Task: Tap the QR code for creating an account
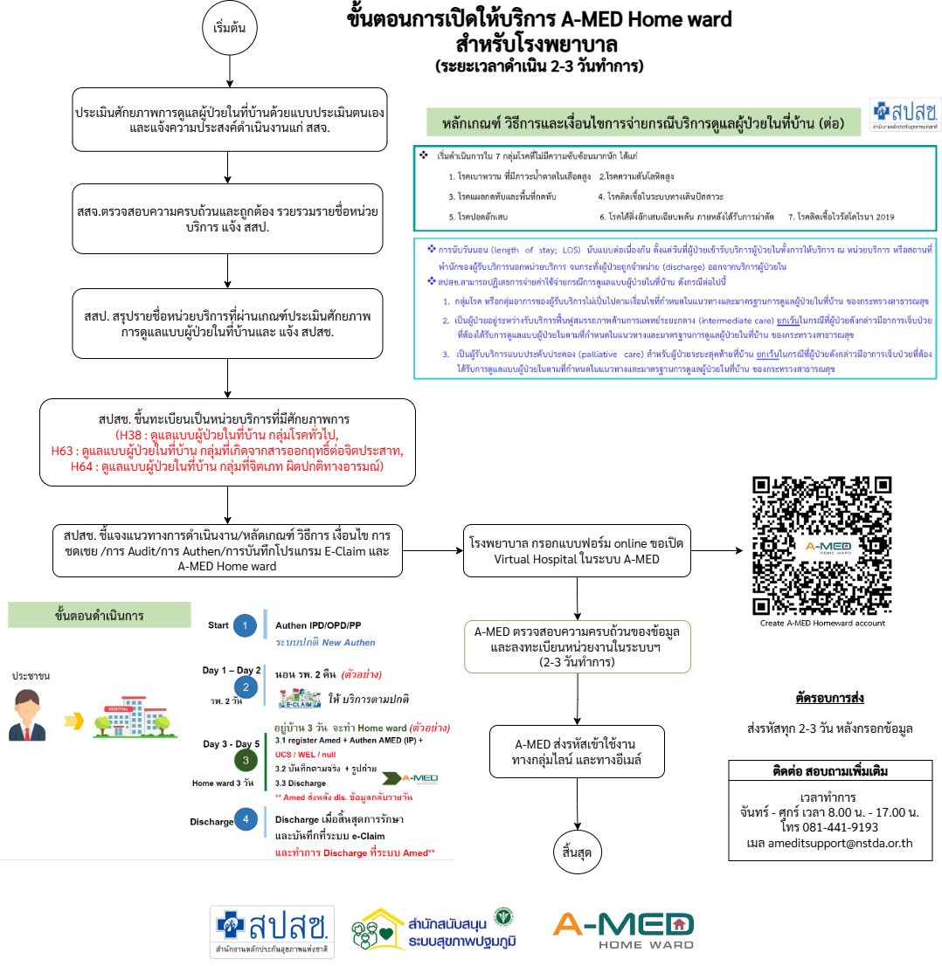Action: (x=821, y=545)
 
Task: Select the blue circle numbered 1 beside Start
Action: (x=246, y=626)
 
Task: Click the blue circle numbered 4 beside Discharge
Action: (x=246, y=821)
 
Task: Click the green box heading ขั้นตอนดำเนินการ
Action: (x=99, y=616)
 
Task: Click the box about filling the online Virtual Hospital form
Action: (x=578, y=550)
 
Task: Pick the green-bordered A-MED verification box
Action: (x=578, y=645)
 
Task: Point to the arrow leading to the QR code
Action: (x=717, y=551)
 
